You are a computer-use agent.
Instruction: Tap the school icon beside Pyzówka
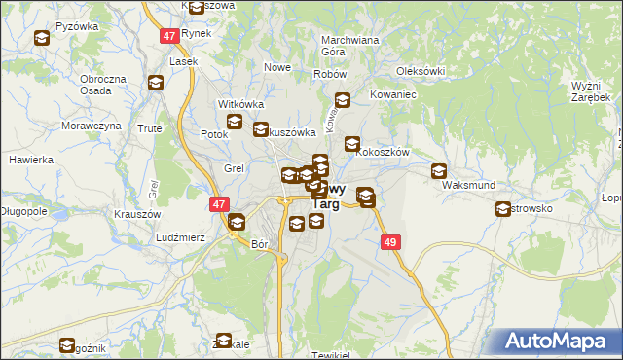[42, 39]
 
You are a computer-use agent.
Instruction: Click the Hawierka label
[29, 160]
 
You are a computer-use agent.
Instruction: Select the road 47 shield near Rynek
[169, 35]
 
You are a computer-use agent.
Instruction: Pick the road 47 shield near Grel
[219, 204]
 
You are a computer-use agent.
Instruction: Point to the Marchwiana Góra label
[349, 47]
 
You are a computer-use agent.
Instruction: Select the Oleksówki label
[421, 71]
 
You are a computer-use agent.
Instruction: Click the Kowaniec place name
[393, 95]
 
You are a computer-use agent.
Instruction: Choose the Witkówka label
[241, 103]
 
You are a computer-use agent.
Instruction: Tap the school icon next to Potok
[235, 123]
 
